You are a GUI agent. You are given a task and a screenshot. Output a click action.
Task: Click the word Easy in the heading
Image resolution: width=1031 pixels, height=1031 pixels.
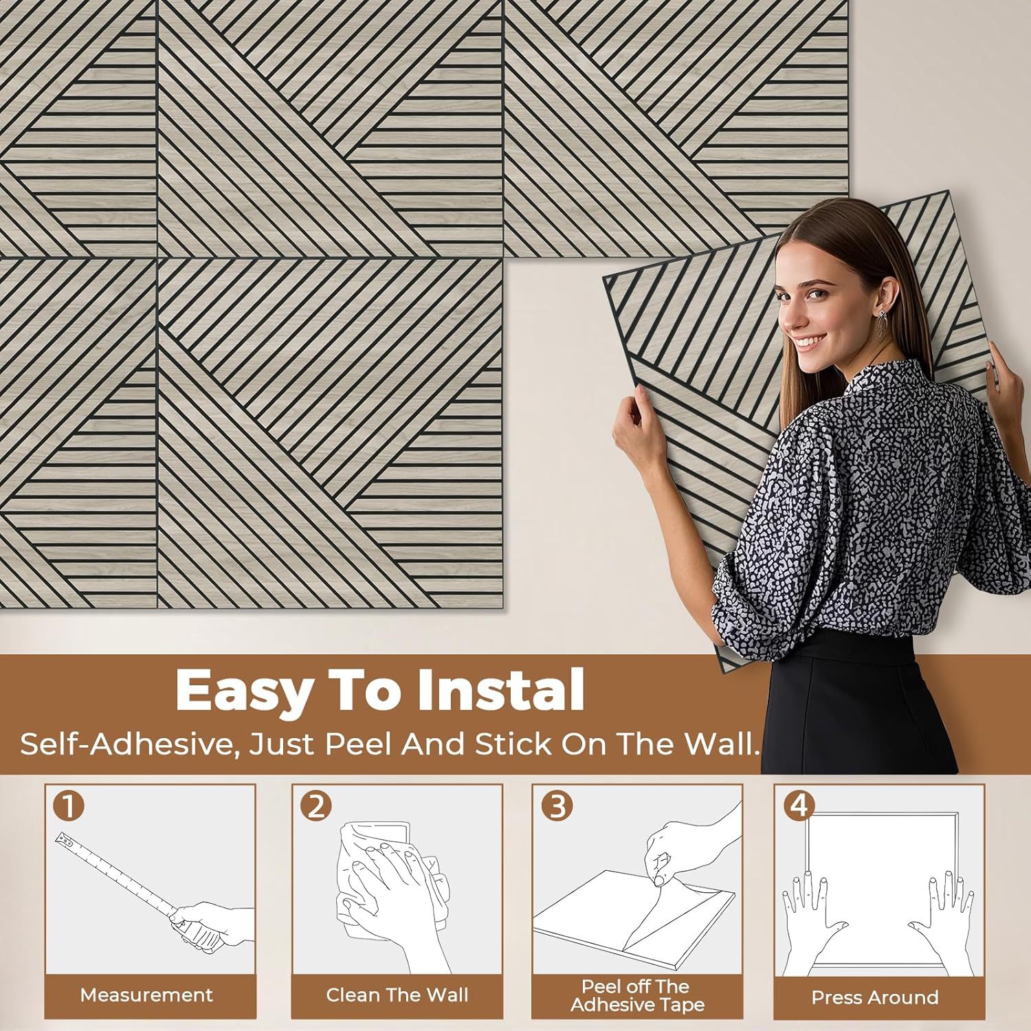click(x=243, y=691)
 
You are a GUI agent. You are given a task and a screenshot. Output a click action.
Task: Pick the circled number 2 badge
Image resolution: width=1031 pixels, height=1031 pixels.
click(x=315, y=806)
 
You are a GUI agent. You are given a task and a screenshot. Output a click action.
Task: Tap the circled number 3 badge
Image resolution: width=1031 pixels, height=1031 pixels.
click(x=557, y=806)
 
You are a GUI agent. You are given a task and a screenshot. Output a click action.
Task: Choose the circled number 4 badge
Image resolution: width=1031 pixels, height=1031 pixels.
click(x=799, y=806)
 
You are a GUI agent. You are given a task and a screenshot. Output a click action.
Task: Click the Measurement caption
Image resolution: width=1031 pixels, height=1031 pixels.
click(x=146, y=995)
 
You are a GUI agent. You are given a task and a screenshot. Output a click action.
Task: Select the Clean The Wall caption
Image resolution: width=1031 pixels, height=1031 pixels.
click(x=397, y=995)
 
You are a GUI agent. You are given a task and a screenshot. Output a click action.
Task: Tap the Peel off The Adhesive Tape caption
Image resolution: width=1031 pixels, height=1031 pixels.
click(x=637, y=995)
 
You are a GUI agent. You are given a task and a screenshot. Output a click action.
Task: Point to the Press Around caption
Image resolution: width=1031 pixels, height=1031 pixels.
click(x=874, y=997)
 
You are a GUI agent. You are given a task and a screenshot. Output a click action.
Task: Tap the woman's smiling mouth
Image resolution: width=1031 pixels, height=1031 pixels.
click(x=812, y=342)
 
